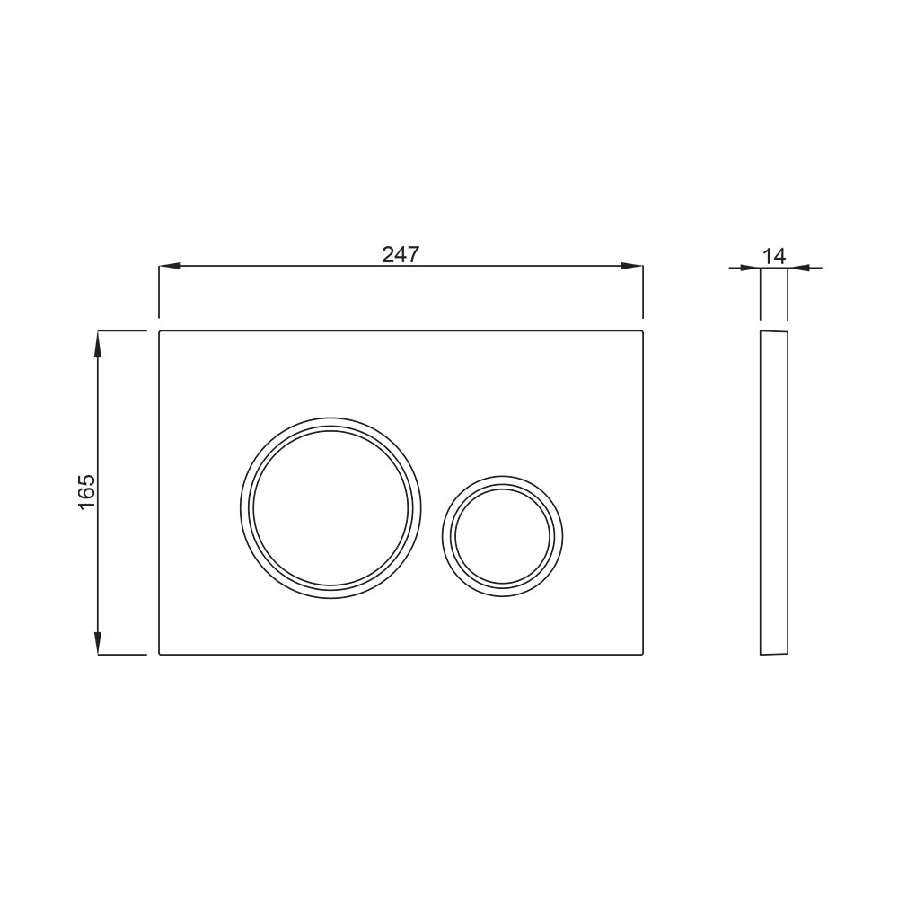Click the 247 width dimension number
(401, 254)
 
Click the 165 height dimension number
(86, 492)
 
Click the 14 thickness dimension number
(773, 255)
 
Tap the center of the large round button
(330, 507)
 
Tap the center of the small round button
(503, 535)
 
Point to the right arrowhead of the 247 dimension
(632, 266)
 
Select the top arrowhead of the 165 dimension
(98, 342)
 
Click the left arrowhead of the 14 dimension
(751, 267)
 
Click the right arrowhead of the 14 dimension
(798, 267)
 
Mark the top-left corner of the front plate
(161, 332)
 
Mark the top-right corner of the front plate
(642, 332)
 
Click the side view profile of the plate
(774, 492)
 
